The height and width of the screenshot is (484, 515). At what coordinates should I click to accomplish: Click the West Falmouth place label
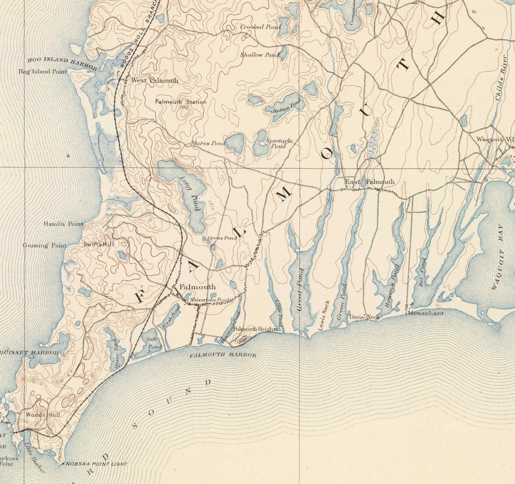click(x=154, y=80)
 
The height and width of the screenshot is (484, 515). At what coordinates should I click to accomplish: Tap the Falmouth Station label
click(x=181, y=102)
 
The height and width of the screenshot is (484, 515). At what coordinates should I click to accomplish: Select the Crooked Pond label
click(x=260, y=27)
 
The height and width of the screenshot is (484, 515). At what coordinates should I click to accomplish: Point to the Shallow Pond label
click(x=259, y=55)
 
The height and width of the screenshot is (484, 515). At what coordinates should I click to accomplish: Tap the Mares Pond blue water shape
click(x=235, y=144)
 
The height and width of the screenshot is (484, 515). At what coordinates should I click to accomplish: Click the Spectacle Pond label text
click(x=279, y=143)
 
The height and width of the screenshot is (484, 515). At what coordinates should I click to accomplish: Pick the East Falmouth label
click(x=370, y=182)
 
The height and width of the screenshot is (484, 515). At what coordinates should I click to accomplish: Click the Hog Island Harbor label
click(x=62, y=63)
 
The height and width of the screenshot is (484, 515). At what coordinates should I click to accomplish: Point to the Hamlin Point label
click(x=63, y=224)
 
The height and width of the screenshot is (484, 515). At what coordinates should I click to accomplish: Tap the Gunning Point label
click(x=45, y=246)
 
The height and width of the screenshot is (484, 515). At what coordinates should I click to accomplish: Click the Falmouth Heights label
click(x=255, y=330)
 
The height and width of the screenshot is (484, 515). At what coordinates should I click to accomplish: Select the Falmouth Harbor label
click(x=223, y=355)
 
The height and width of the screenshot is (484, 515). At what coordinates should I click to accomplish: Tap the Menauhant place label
click(x=426, y=313)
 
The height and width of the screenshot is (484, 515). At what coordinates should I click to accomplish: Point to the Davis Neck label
click(x=365, y=317)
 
